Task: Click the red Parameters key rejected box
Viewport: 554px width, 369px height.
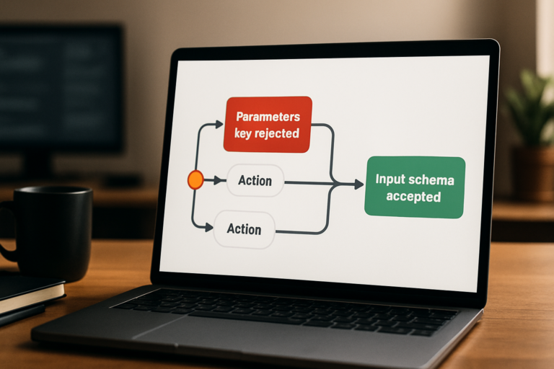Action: point(268,124)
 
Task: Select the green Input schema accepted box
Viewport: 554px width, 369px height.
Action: point(415,187)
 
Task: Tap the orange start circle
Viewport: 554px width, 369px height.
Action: point(195,179)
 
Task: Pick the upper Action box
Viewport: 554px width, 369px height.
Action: point(255,181)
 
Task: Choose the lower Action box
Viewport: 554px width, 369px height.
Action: point(244,229)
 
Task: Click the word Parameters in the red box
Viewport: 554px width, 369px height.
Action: point(268,117)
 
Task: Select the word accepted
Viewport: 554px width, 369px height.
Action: point(413,197)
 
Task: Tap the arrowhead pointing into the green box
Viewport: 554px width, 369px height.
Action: point(359,184)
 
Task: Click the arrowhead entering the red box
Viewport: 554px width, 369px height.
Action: point(219,124)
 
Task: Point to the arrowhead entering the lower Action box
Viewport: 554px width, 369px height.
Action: point(209,228)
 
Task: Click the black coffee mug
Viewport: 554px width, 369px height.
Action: point(48,233)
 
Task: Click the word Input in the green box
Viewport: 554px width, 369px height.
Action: point(389,179)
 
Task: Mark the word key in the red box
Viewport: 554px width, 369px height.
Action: point(242,134)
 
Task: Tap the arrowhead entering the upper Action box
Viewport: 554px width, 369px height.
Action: point(222,181)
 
